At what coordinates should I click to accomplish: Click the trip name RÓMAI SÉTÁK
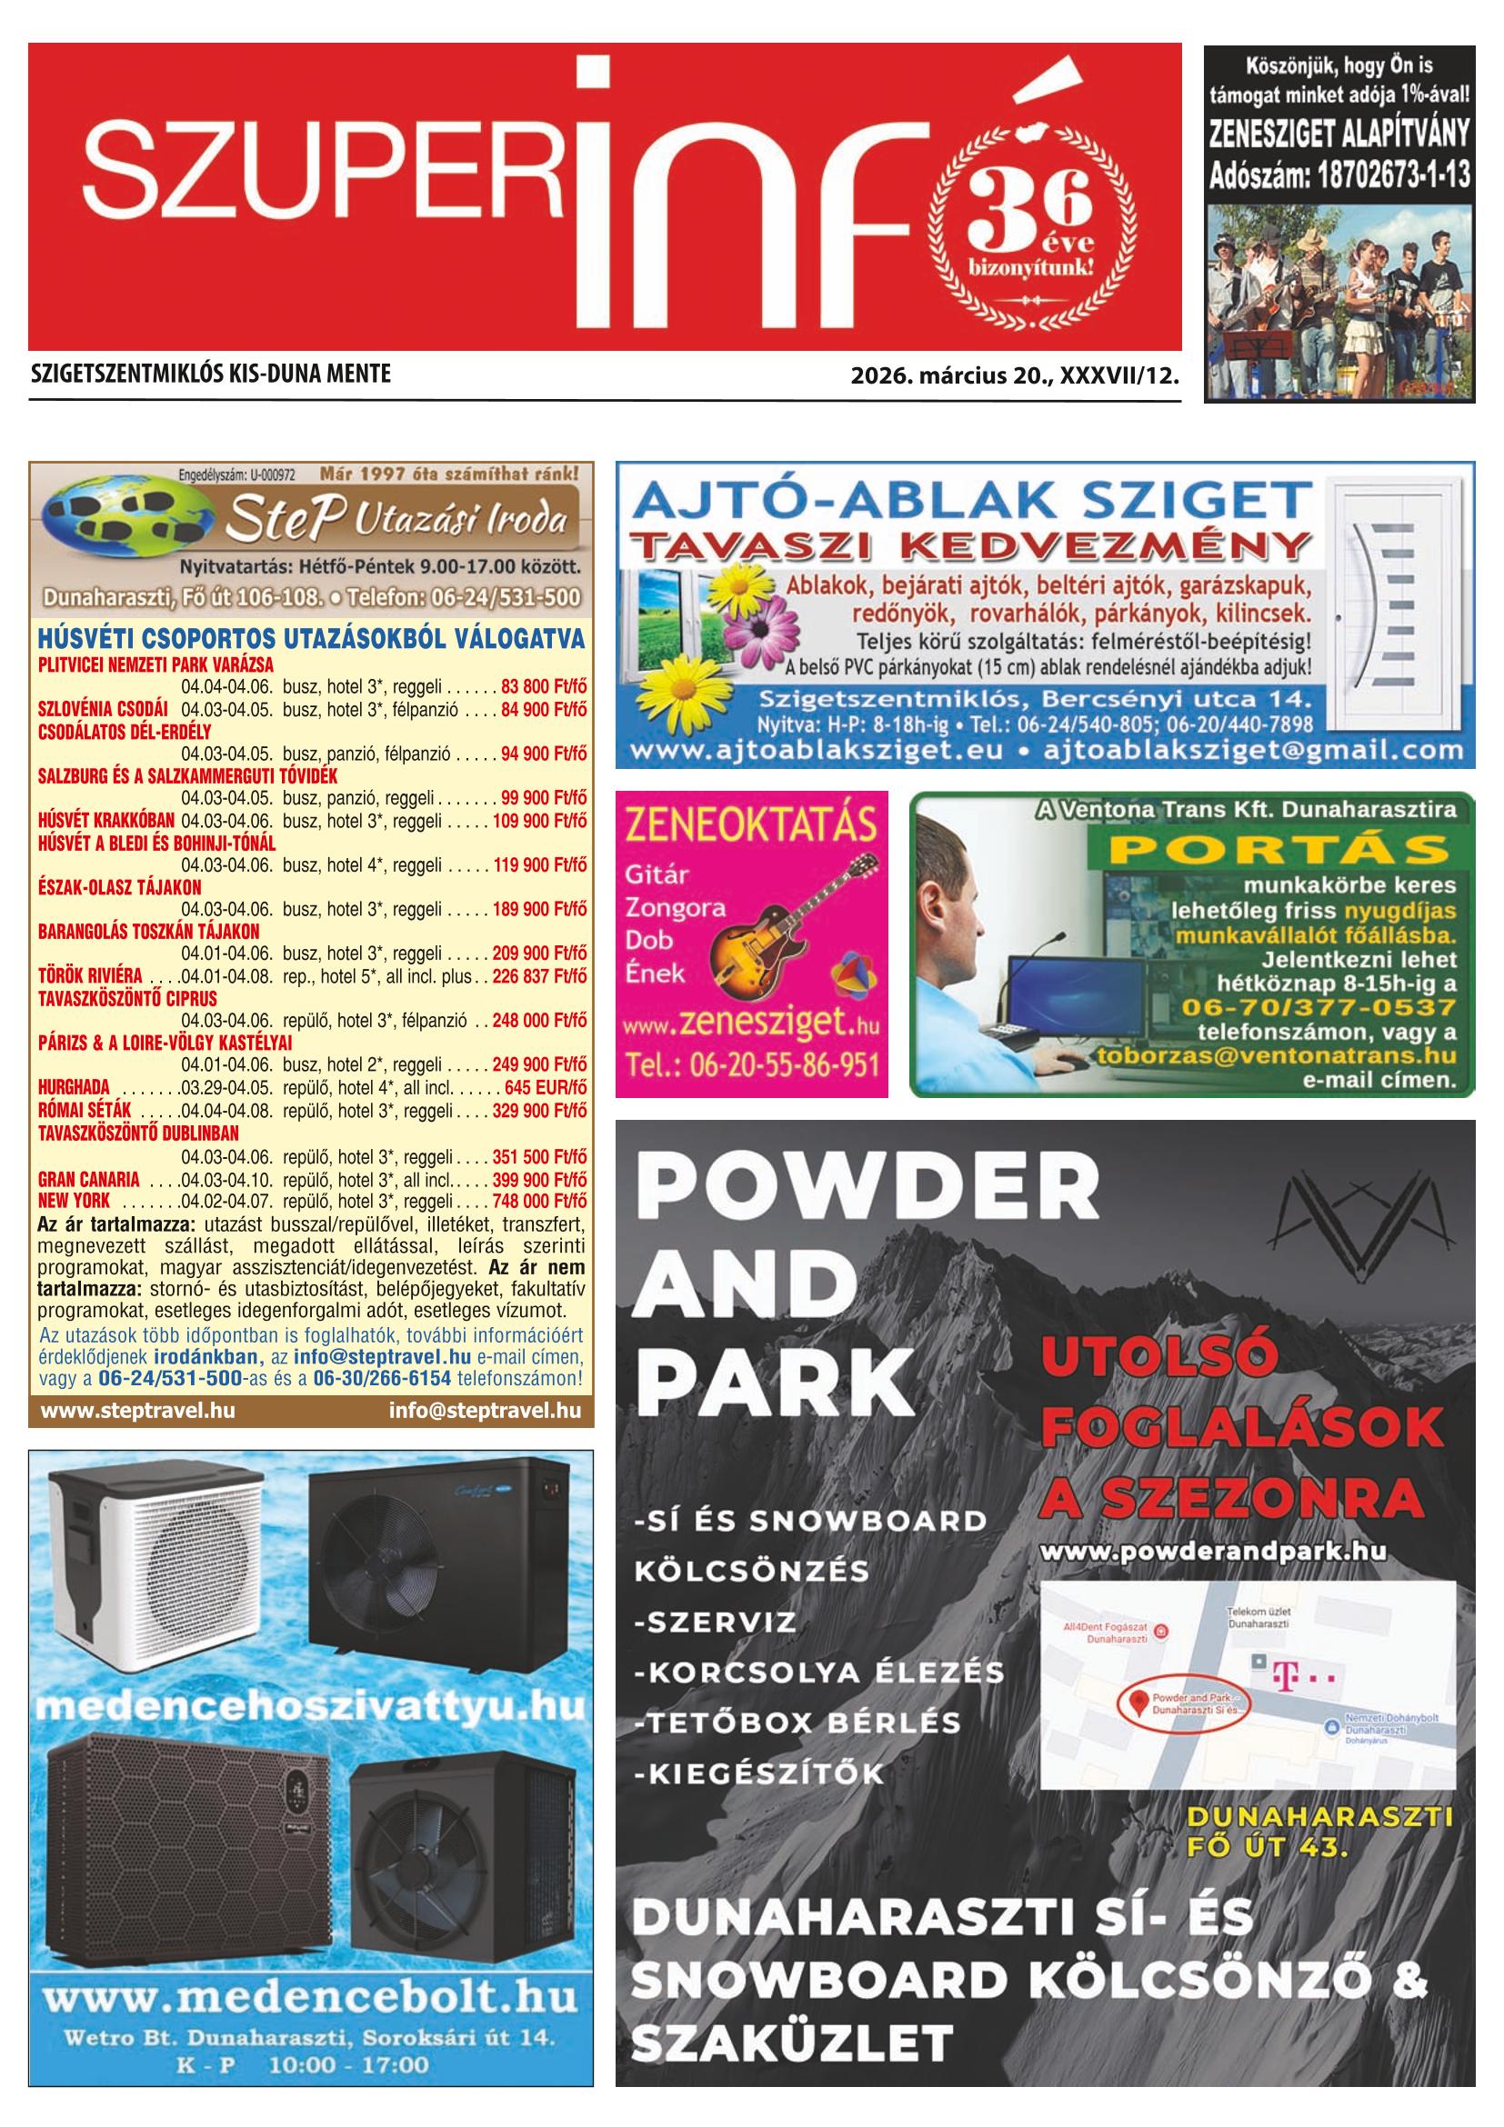point(85,1110)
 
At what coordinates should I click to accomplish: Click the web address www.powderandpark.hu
point(1213,1552)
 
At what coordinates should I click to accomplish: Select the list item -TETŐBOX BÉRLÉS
point(797,1723)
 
